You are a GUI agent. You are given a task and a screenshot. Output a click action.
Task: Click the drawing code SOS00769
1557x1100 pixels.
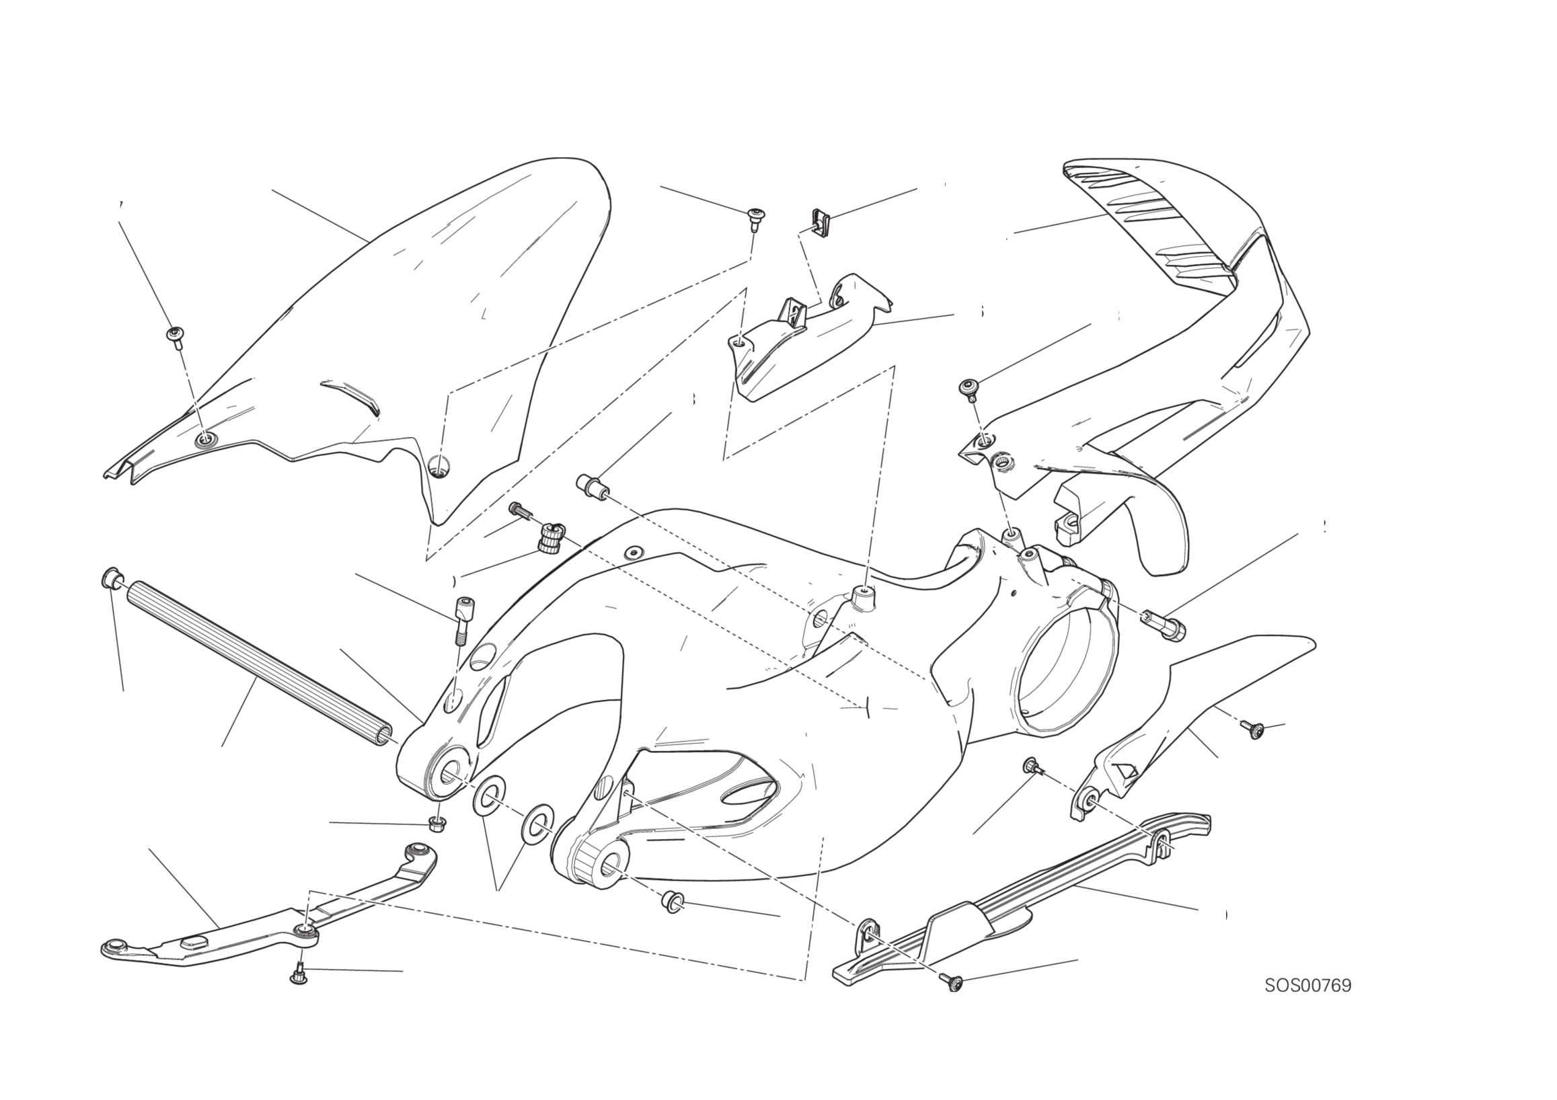point(1307,985)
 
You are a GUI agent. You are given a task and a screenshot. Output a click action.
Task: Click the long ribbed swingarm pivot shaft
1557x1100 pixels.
point(258,663)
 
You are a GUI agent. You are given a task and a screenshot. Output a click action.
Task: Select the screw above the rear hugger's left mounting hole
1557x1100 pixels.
point(176,337)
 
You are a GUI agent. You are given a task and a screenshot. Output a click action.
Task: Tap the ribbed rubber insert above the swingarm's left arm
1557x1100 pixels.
point(549,537)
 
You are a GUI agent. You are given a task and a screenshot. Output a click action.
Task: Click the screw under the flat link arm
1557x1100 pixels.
point(299,974)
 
